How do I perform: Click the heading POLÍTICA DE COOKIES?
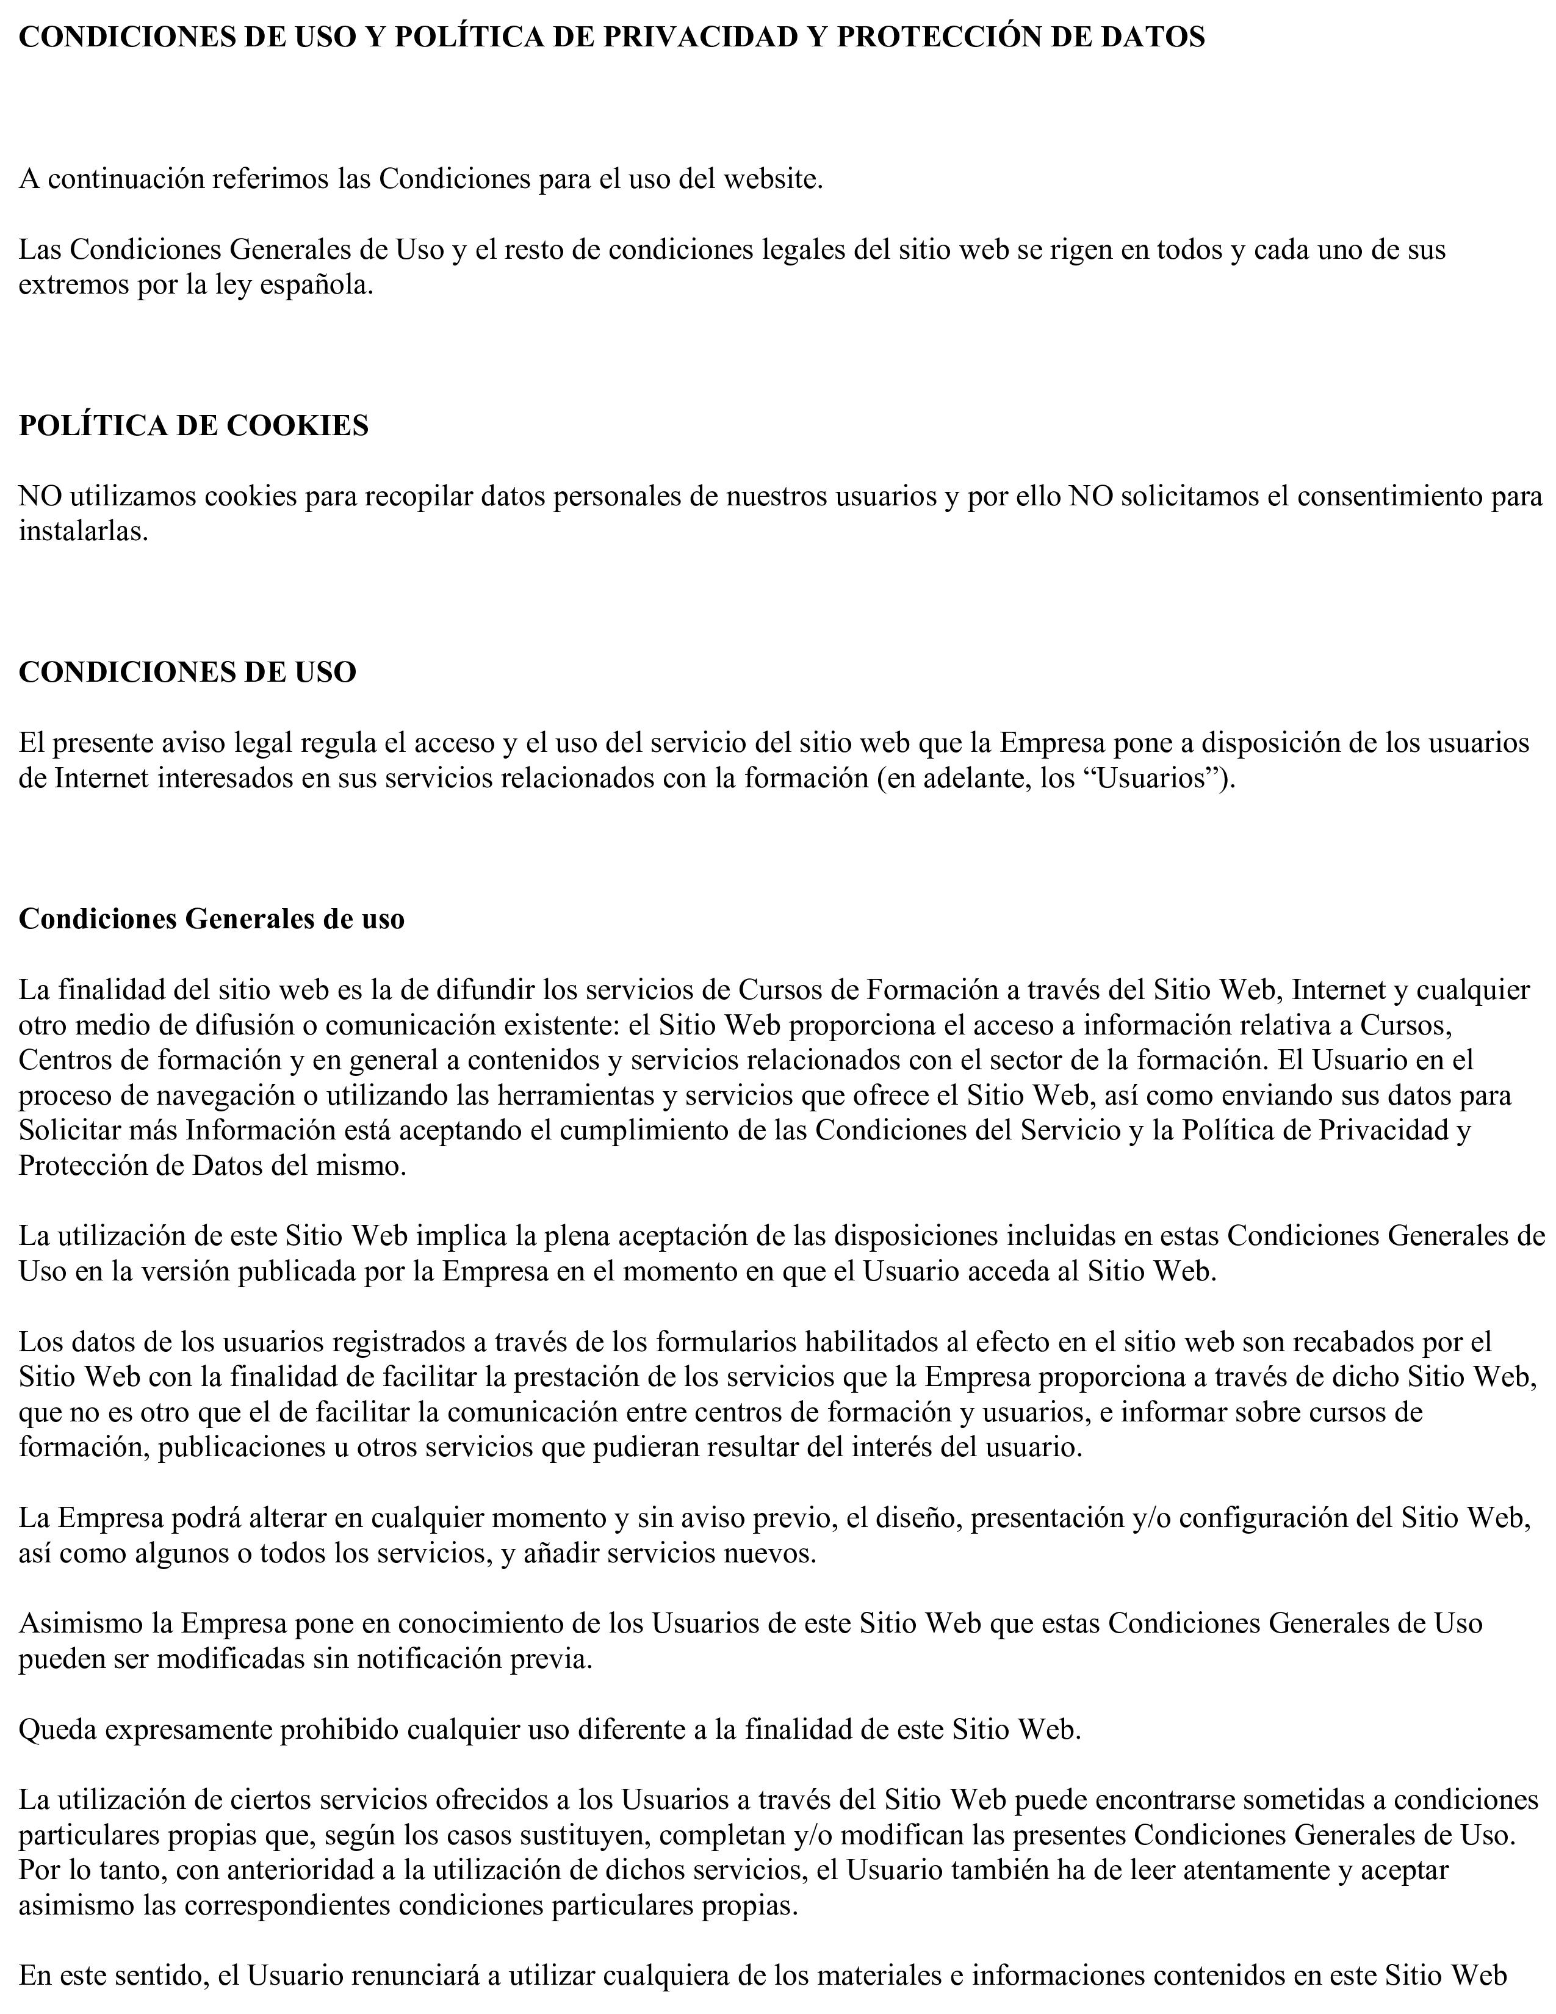point(193,425)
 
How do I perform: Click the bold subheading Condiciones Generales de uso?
point(211,919)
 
